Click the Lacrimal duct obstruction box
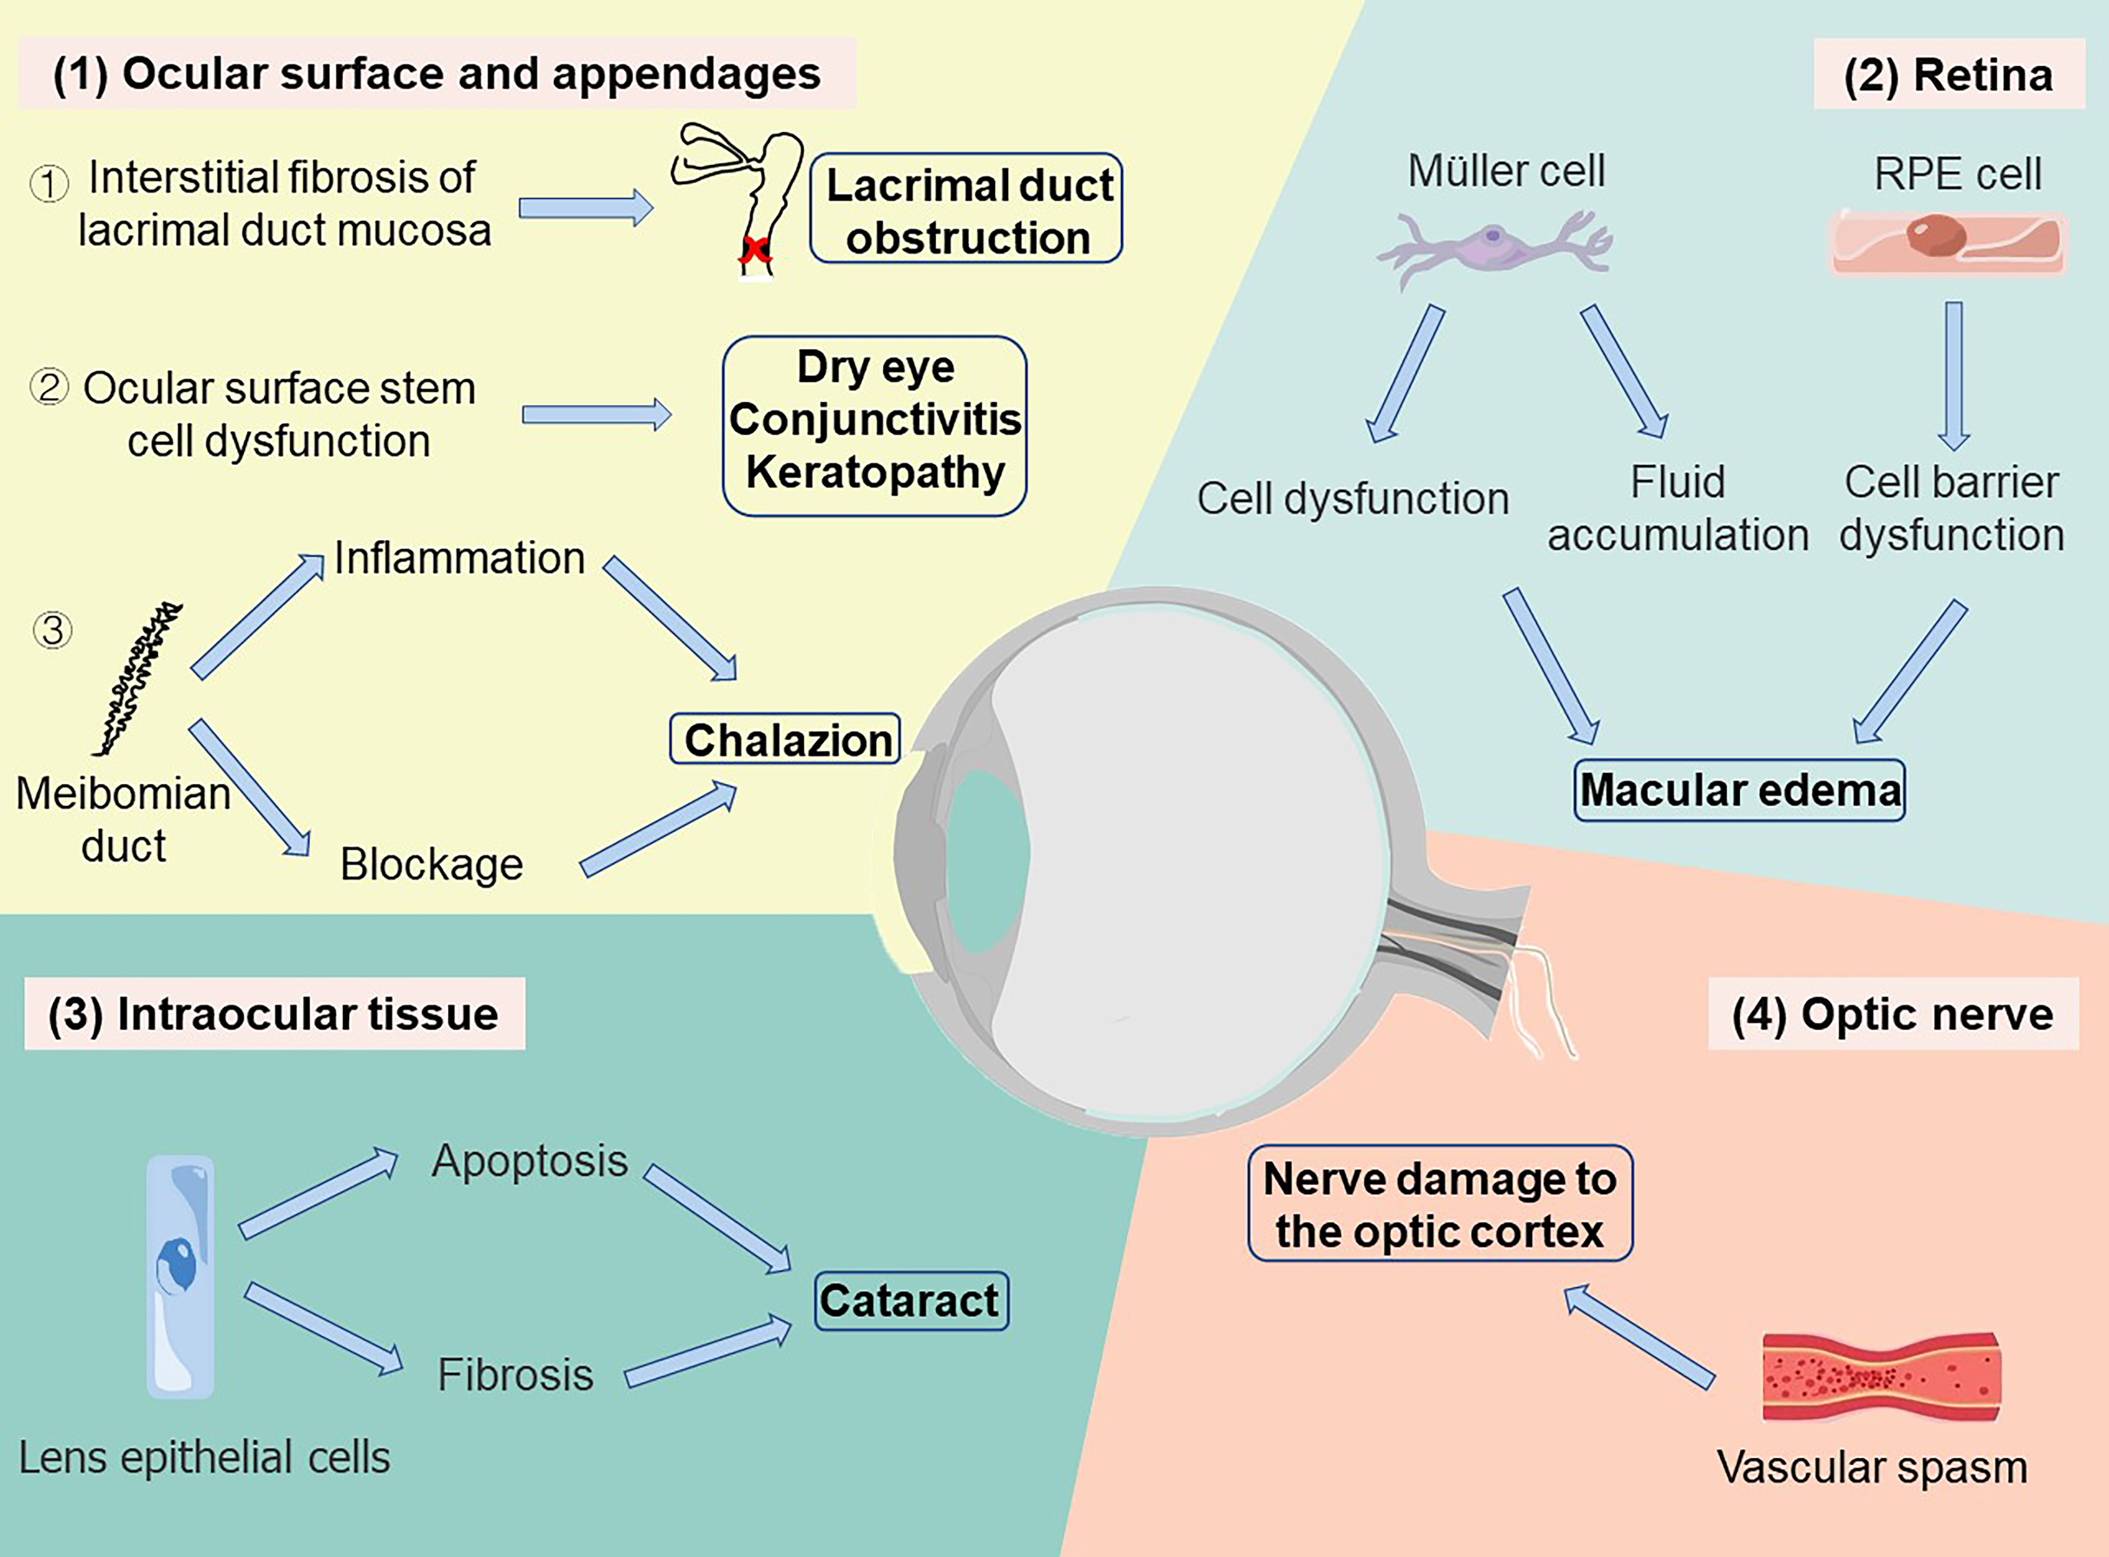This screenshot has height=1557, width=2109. tap(966, 208)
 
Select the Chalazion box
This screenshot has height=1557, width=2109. tap(785, 739)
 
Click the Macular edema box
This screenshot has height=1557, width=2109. tap(1739, 790)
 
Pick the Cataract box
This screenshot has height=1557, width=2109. tap(911, 1301)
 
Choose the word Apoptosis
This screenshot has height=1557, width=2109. tap(529, 1160)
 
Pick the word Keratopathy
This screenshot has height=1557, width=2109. tap(875, 472)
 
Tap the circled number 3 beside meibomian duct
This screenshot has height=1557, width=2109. tap(53, 630)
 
